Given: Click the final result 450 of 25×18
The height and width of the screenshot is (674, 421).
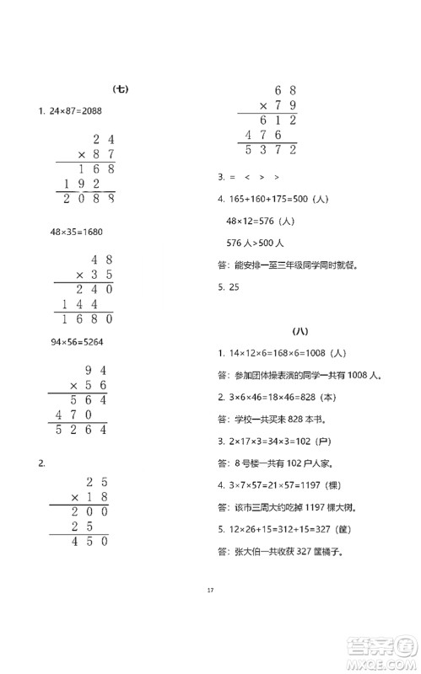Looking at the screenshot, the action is click(84, 542).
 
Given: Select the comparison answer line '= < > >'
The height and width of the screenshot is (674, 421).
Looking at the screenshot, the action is click(249, 178).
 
